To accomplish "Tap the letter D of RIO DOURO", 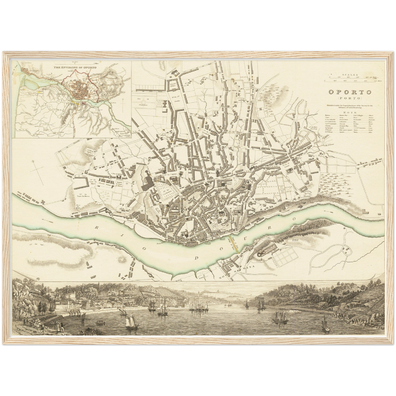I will point(197,258).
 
